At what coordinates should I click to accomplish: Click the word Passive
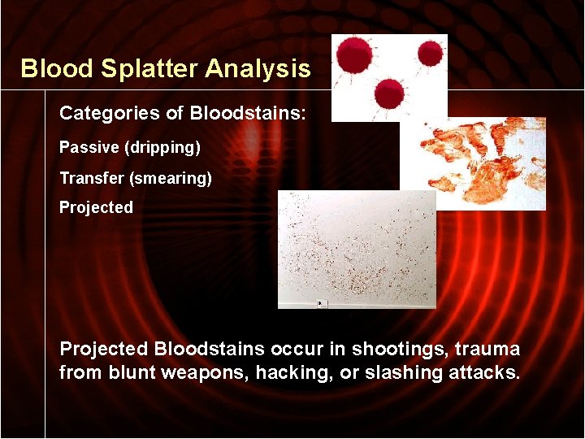point(85,148)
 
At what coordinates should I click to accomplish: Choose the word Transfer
point(90,177)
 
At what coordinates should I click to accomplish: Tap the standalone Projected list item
point(96,207)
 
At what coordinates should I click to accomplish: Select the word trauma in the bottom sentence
point(487,350)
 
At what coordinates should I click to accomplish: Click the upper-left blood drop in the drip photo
point(355,56)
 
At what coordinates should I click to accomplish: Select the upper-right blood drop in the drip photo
point(429,54)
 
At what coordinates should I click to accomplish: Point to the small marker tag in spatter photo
point(322,302)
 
